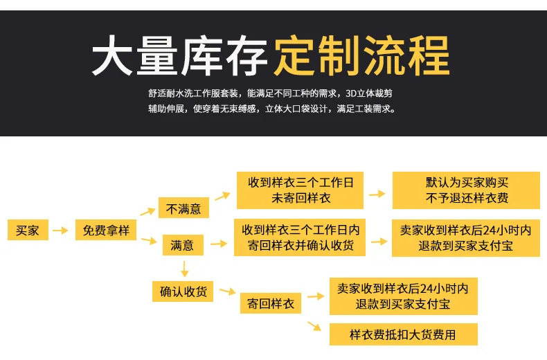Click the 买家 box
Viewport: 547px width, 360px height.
pos(28,230)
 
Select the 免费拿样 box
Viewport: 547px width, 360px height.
pos(106,230)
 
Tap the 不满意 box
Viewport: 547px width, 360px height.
pos(183,208)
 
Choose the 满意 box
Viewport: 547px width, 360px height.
pos(183,245)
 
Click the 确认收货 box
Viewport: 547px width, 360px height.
pos(183,291)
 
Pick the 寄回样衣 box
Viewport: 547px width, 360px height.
pos(270,303)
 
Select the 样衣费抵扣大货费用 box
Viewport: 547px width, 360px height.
pos(403,334)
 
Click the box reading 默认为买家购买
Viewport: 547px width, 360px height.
pos(466,190)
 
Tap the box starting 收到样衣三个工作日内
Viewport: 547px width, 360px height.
pos(300,237)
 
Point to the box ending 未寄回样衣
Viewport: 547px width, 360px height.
pos(300,190)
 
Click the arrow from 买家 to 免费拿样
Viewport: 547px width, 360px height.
pos(60,231)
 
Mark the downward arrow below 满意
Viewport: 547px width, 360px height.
pos(185,269)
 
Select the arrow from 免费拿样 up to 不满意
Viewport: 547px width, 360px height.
pos(148,212)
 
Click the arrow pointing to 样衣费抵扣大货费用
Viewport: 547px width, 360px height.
pos(314,326)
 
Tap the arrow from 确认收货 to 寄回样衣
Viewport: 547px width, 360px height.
pos(228,291)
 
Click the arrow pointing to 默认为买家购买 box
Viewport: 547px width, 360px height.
pos(377,194)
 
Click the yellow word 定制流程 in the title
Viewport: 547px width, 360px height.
pos(361,56)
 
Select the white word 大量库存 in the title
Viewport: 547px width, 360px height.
pos(179,56)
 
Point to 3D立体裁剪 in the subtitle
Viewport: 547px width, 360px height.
pos(369,93)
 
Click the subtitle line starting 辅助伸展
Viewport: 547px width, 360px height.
pos(272,109)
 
